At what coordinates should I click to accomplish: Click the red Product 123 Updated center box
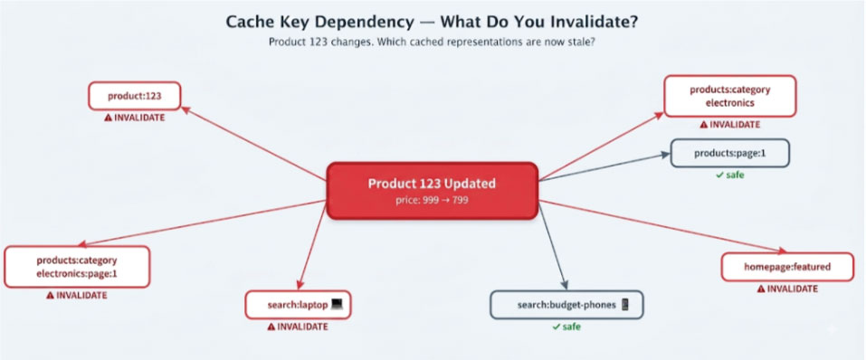click(x=432, y=191)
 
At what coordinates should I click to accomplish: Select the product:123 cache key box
click(x=134, y=96)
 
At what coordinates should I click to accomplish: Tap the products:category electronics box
click(x=729, y=96)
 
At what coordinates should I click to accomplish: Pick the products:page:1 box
click(x=729, y=153)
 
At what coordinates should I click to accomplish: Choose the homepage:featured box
click(x=787, y=267)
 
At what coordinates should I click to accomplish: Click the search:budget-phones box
click(x=566, y=305)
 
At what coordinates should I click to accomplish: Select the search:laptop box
click(x=298, y=305)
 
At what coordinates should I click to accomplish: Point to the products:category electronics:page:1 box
click(x=77, y=267)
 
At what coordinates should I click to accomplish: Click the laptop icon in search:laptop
click(x=337, y=304)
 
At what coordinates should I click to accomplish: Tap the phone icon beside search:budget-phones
click(x=625, y=304)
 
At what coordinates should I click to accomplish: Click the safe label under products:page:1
click(x=729, y=175)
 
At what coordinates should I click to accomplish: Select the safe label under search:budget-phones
click(x=566, y=327)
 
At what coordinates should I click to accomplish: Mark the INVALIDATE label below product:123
click(x=134, y=118)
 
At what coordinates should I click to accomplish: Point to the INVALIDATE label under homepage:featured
click(x=787, y=289)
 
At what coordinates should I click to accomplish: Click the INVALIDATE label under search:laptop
click(x=298, y=327)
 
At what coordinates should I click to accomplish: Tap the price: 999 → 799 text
click(x=432, y=200)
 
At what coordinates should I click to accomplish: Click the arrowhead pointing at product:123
click(x=186, y=109)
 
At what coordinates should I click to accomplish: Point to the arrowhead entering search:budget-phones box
click(x=564, y=285)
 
